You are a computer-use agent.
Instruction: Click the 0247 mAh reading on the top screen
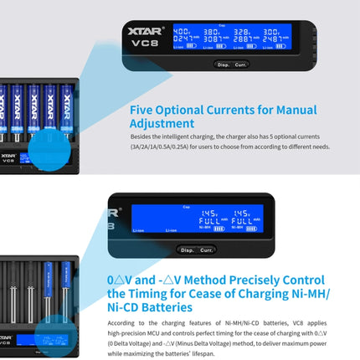click(x=183, y=39)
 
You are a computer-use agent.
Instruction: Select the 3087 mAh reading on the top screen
click(x=213, y=39)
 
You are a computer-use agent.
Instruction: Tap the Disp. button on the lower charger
click(x=187, y=249)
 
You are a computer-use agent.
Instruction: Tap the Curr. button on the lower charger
click(x=206, y=249)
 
